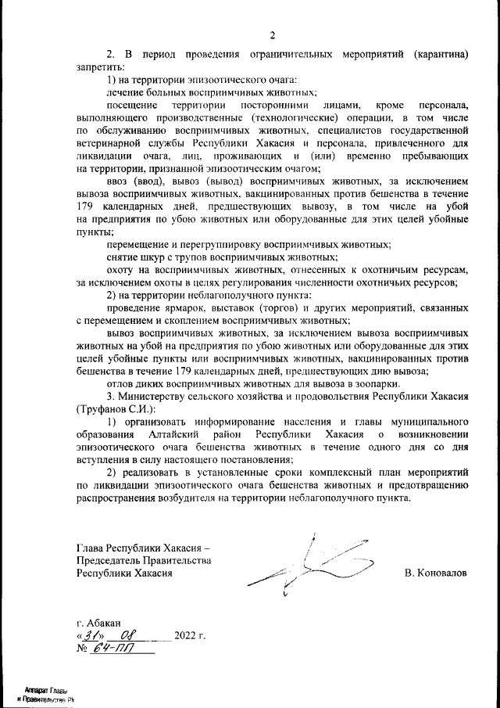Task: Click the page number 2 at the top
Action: pyautogui.click(x=273, y=34)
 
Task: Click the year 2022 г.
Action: pyautogui.click(x=190, y=635)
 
